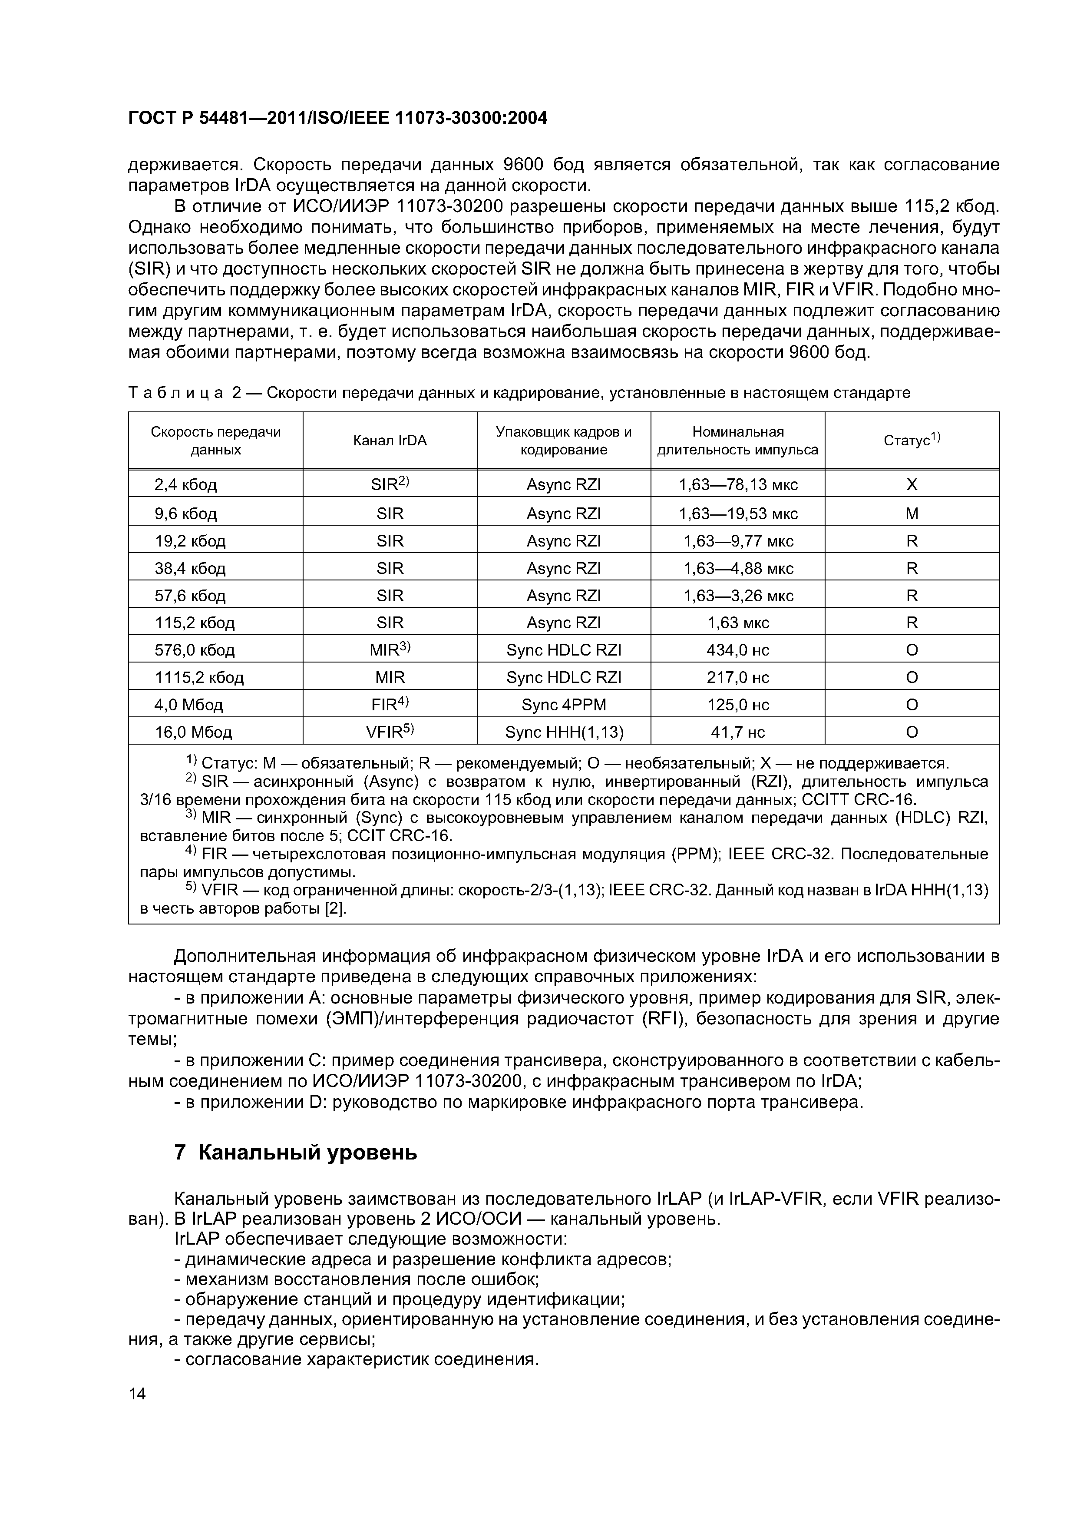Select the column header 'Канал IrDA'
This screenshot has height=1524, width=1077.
[x=390, y=441]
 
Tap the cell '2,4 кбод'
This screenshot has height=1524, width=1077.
[x=186, y=484]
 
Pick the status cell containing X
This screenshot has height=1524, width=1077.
[x=912, y=484]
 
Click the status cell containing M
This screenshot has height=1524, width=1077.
[x=912, y=513]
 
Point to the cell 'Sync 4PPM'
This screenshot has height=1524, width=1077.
[x=563, y=704]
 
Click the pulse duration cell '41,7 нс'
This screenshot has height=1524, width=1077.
[x=737, y=732]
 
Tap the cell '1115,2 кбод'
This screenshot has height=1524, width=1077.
[x=199, y=677]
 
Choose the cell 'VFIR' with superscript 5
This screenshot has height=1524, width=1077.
[x=390, y=732]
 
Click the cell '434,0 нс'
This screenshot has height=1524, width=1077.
[x=737, y=650]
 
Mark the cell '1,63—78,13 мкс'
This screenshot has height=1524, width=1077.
[x=737, y=484]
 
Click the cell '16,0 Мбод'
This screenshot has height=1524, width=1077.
[x=193, y=732]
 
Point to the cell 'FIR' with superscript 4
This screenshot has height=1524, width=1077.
[x=390, y=704]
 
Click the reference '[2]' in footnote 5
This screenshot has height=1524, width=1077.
[x=335, y=908]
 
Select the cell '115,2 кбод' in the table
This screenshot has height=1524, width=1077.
[x=195, y=623]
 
